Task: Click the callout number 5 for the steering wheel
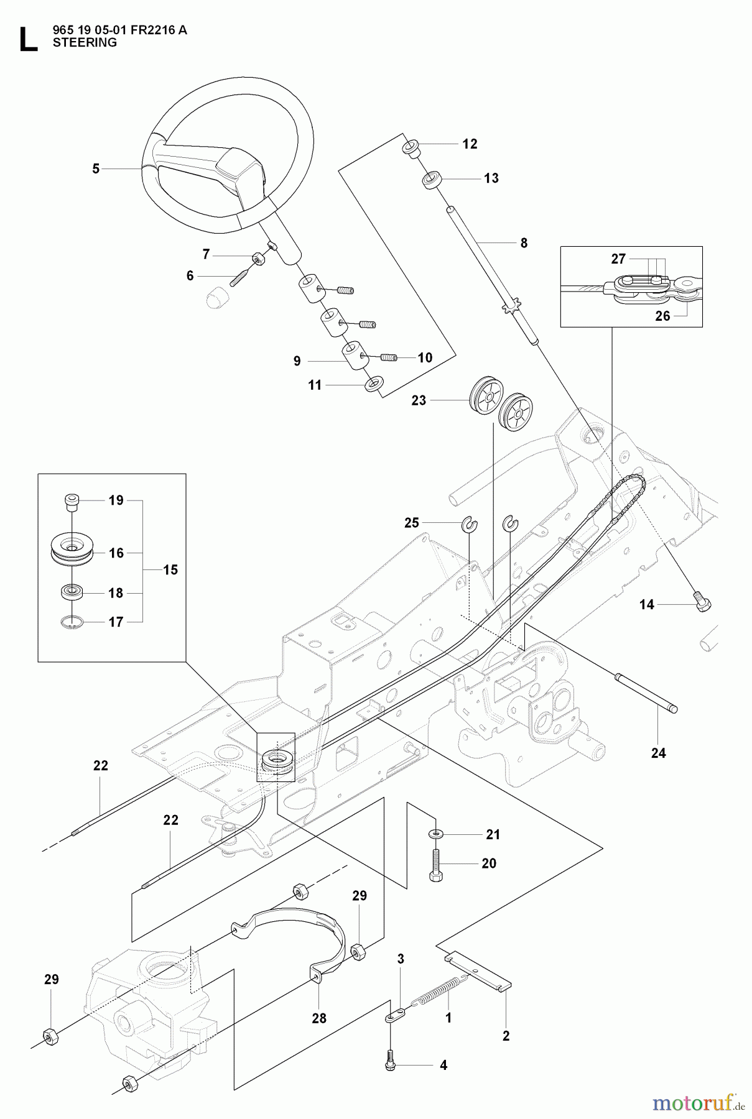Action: (96, 168)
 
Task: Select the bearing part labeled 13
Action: (431, 181)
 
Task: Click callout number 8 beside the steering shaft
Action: (524, 243)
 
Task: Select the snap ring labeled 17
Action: (73, 621)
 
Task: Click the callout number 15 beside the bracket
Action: (170, 569)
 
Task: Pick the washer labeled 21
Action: (436, 833)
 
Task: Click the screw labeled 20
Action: (435, 864)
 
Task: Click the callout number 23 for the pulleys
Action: (419, 401)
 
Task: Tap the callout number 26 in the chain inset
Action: (663, 316)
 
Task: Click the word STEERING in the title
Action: (85, 43)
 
